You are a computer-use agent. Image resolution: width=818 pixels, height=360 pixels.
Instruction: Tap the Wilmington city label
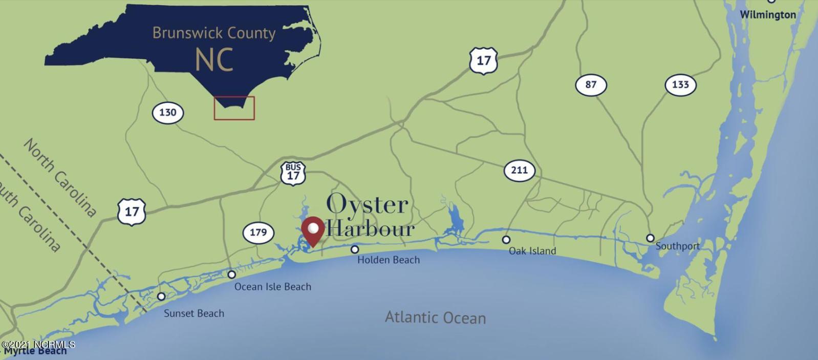coord(767,15)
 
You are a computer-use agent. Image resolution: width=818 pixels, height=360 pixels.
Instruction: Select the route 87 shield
coord(591,84)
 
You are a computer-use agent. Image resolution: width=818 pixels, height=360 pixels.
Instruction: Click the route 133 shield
coord(680,84)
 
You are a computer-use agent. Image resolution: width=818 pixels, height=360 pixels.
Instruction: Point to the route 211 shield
coord(519,170)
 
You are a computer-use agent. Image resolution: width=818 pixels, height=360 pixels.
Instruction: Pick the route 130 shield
coord(167,112)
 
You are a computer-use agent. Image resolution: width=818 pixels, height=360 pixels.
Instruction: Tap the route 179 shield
coord(258,232)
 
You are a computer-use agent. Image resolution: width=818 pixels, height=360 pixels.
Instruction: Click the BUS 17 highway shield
coord(293,173)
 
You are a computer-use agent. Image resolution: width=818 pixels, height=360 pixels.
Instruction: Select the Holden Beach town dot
coord(355,249)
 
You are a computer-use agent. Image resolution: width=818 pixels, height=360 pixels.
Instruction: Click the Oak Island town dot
coord(506,240)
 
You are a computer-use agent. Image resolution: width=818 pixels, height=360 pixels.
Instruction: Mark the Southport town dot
coord(650,238)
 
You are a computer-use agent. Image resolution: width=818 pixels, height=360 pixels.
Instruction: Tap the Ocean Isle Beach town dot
coord(231,274)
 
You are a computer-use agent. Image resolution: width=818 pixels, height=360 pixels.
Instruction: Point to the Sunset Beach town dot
coord(161,297)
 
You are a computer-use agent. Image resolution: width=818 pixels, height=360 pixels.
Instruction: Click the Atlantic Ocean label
coord(435,317)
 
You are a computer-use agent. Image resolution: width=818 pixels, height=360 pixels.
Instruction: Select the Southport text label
coord(677,246)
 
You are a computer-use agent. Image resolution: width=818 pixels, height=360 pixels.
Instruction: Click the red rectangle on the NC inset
coord(234,108)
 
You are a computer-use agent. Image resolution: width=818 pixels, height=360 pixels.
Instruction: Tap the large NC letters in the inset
coord(214,60)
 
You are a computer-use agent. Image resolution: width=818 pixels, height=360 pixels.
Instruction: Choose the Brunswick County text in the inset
coord(214,33)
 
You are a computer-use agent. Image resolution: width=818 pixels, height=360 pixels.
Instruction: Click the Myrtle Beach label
coord(35,351)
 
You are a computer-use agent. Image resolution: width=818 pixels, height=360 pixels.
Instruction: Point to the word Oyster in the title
coord(367,204)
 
